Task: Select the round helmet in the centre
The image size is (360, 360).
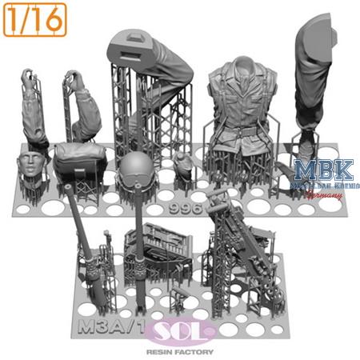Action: (x=134, y=169)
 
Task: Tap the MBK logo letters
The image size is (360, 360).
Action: (x=316, y=170)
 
